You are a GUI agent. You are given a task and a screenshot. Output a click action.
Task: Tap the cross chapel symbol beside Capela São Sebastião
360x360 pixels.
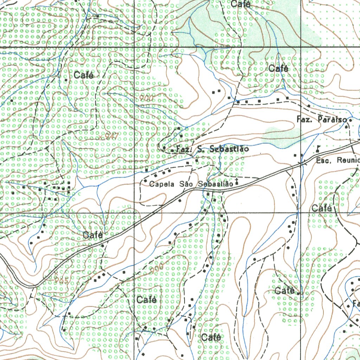(x=237, y=182)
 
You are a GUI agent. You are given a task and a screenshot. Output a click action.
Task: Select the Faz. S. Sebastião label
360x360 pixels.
(x=212, y=149)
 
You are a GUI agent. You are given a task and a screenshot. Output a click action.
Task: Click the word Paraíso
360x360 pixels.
(x=333, y=120)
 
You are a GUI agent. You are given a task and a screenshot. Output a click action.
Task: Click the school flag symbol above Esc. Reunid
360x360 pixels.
(x=318, y=148)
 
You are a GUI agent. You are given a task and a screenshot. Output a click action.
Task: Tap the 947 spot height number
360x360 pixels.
(x=112, y=136)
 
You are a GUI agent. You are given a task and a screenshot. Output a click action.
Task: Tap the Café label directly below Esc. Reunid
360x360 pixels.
(x=322, y=208)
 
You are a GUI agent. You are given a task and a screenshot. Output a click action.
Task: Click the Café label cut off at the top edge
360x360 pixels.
(x=241, y=4)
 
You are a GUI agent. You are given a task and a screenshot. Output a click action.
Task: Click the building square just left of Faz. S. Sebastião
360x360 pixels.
(x=172, y=151)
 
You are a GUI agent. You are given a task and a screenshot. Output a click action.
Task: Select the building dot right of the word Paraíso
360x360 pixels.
(x=351, y=120)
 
